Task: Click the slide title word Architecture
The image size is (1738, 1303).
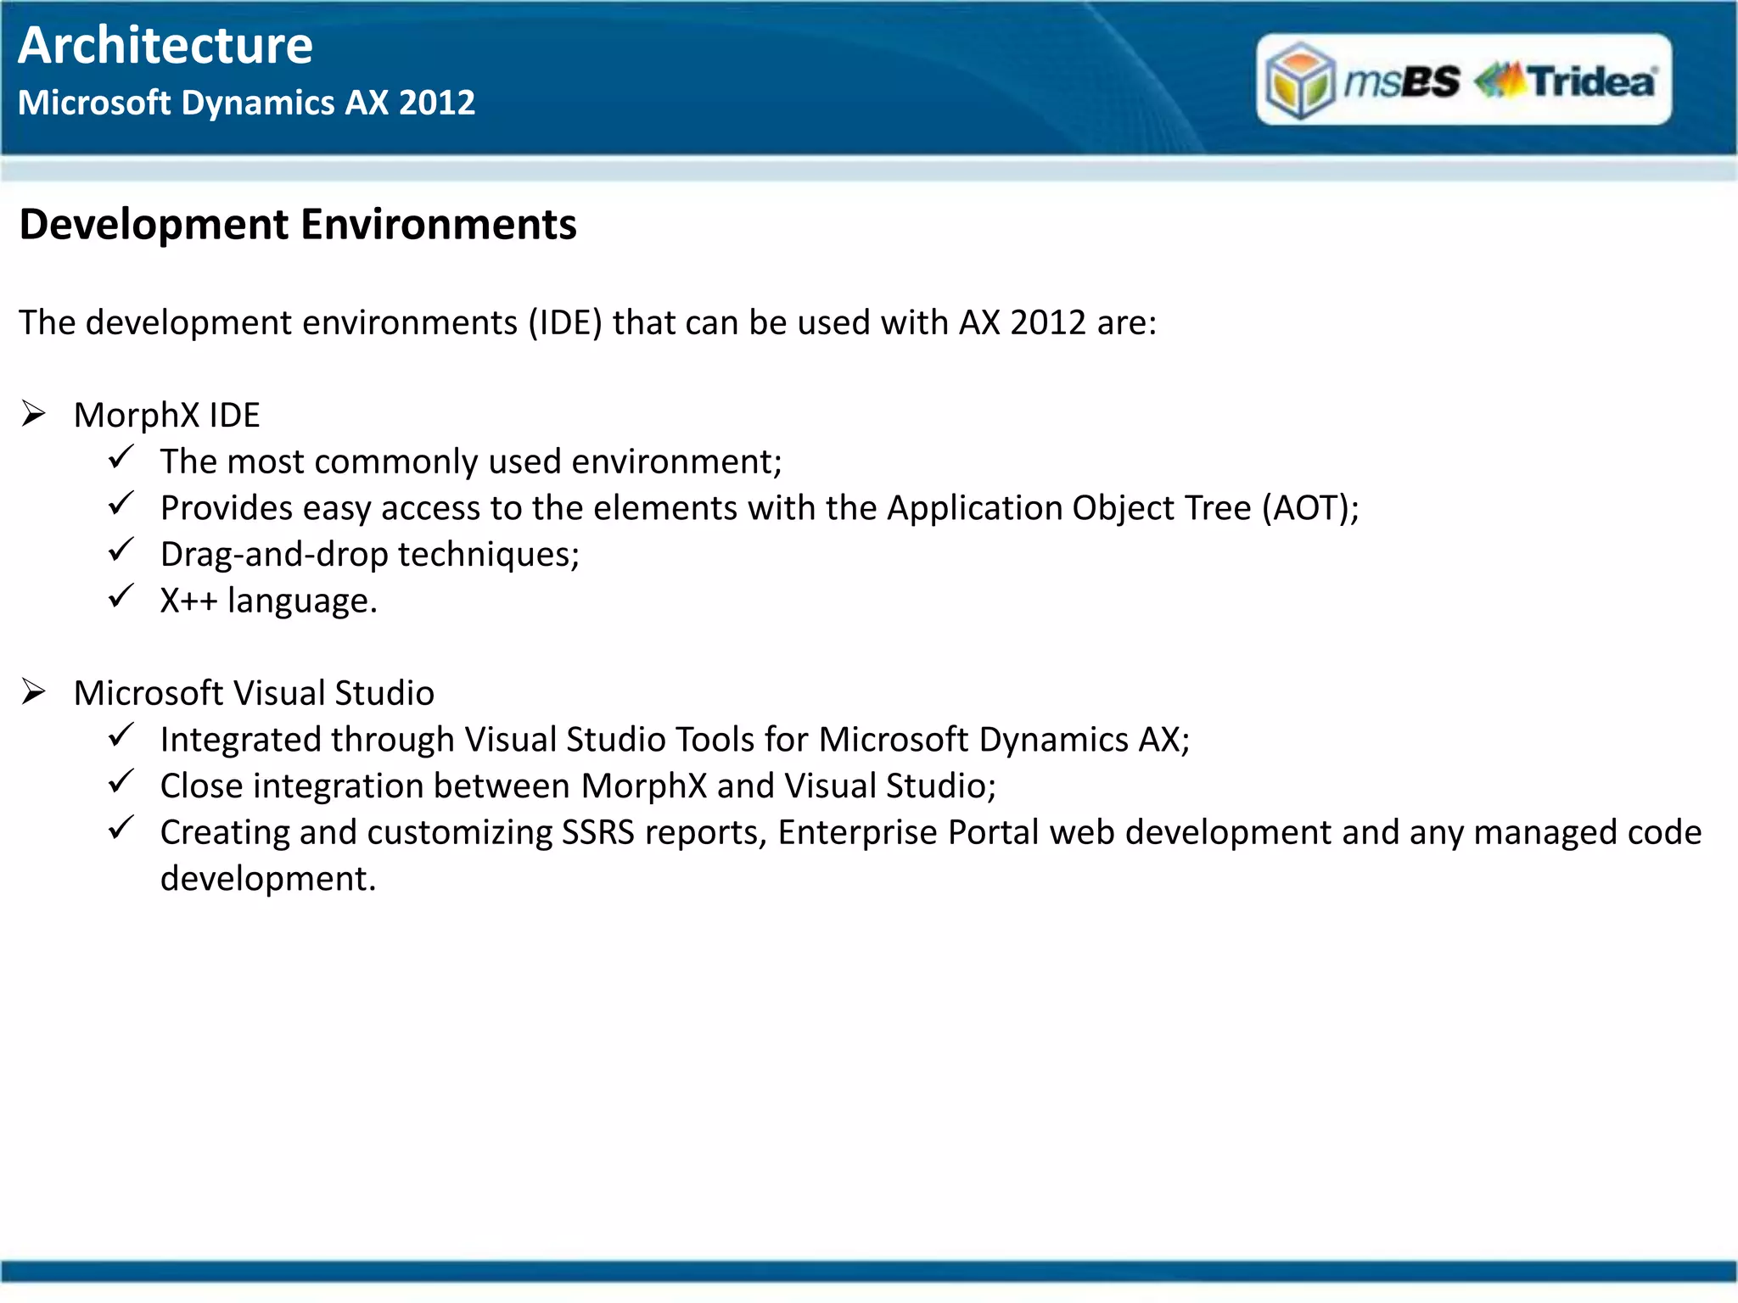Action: [x=165, y=46]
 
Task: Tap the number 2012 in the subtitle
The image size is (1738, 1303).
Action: [x=436, y=103]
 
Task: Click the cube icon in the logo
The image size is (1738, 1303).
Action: [x=1299, y=81]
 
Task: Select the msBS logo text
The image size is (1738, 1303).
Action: [x=1402, y=81]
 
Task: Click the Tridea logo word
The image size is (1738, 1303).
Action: [x=1591, y=81]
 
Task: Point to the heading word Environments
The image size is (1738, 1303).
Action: [x=438, y=226]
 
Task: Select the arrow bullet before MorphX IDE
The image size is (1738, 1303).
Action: [x=34, y=414]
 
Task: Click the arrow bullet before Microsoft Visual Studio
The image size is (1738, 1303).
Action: [x=34, y=692]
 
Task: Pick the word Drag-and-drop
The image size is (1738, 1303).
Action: [x=273, y=555]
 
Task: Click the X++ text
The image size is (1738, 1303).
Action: [x=188, y=601]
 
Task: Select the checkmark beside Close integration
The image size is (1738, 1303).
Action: [x=121, y=780]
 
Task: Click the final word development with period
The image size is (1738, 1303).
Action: [x=267, y=879]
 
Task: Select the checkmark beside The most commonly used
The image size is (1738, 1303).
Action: [x=121, y=457]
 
